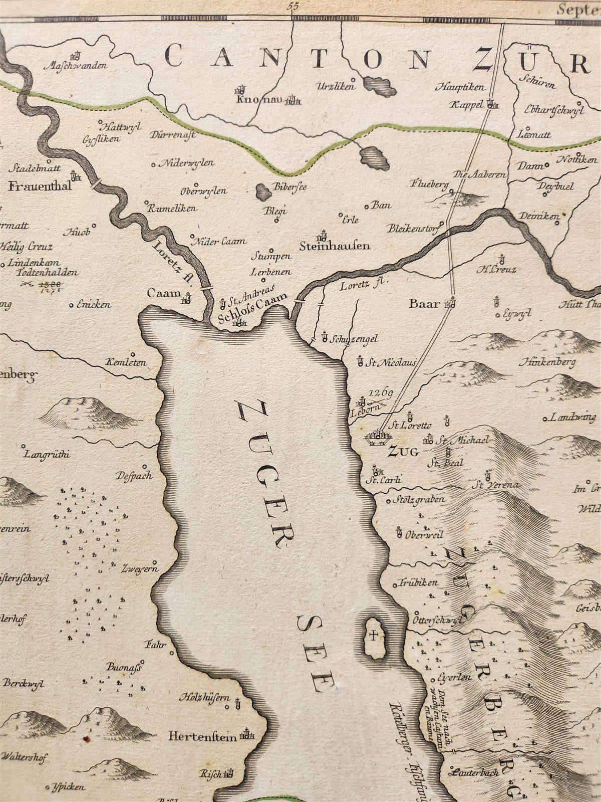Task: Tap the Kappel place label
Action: [x=468, y=104]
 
